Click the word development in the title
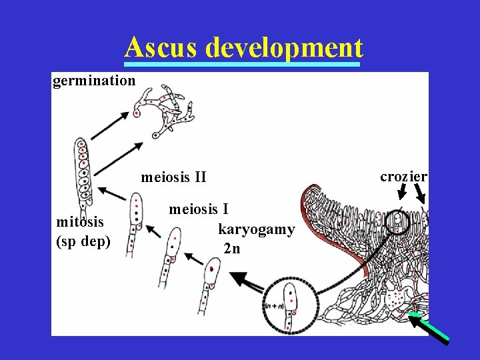(285, 48)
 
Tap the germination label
(94, 81)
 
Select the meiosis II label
(173, 177)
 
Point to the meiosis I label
(199, 209)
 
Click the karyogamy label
(256, 229)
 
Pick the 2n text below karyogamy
(233, 249)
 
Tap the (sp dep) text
(83, 241)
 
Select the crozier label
(403, 176)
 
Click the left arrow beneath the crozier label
(402, 192)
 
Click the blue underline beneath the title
(243, 65)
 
